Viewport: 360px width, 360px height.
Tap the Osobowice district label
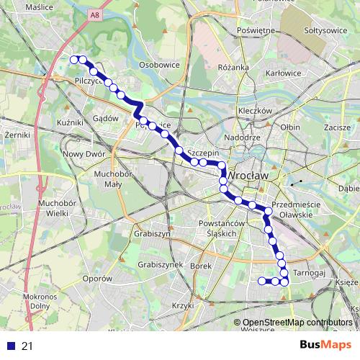click(x=158, y=64)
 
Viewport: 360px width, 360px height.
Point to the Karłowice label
click(x=283, y=73)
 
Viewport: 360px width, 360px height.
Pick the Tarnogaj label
click(x=311, y=274)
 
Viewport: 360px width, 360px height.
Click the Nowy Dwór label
click(x=84, y=153)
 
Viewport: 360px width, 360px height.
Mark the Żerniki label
click(x=15, y=134)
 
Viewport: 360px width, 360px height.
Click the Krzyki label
click(x=184, y=306)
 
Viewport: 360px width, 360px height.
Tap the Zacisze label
click(x=337, y=127)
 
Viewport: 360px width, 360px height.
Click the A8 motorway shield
click(x=95, y=14)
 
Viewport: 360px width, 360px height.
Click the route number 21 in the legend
click(x=27, y=346)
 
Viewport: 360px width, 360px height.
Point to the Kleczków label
click(x=254, y=112)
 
